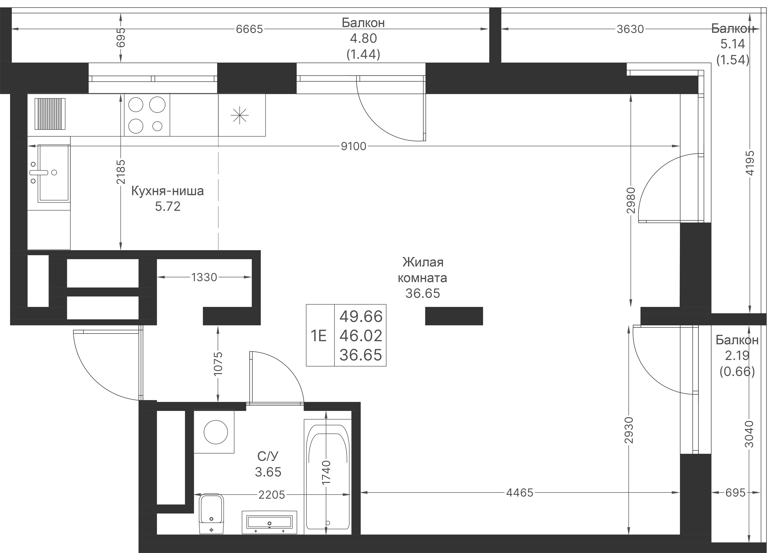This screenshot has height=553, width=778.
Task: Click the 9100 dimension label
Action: pos(354,146)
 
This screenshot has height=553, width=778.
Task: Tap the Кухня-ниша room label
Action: pos(168,191)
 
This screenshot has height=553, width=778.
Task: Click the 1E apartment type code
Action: pos(319,336)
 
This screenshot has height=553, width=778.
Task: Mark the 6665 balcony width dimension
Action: pos(250,29)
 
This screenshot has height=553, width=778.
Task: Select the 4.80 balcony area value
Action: pos(363,39)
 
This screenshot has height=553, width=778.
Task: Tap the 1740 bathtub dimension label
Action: pos(326,473)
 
